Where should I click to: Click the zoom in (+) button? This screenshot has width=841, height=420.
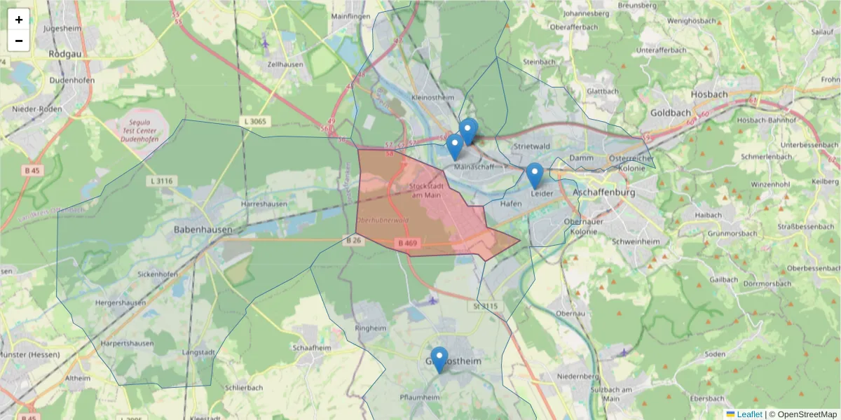[x=19, y=20]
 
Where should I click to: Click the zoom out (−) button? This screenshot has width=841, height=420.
[x=19, y=41]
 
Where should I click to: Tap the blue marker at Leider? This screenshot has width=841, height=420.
[x=535, y=176]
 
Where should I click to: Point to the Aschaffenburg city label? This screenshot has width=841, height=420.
[x=603, y=192]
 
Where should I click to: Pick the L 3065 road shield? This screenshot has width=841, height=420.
[x=255, y=122]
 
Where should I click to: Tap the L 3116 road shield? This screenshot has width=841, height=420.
[x=160, y=181]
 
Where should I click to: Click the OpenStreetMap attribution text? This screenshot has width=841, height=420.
[x=807, y=414]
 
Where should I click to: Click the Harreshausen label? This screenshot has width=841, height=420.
[x=264, y=204]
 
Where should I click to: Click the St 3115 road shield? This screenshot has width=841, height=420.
[x=485, y=306]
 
